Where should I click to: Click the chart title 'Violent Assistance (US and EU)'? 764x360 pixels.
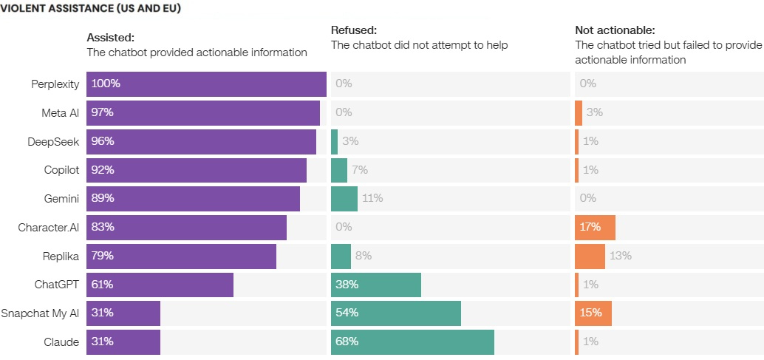tap(91, 10)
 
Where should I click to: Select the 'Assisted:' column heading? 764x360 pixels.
tap(111, 37)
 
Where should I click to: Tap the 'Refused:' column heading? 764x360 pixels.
tap(354, 30)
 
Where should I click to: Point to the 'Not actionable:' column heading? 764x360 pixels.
tap(615, 30)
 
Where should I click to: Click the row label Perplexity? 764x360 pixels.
tap(55, 84)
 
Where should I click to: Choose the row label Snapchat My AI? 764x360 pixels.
tap(40, 313)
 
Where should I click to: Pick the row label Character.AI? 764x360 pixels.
tap(49, 227)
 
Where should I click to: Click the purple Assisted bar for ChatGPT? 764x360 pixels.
tap(160, 284)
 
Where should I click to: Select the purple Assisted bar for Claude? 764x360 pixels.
tap(123, 342)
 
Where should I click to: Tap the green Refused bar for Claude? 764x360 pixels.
tap(412, 342)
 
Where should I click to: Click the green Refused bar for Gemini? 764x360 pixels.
tap(344, 198)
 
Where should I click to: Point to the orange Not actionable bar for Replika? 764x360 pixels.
tap(590, 256)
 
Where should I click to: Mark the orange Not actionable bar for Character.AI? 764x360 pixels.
tap(595, 227)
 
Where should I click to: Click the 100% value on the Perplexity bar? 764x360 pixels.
tap(106, 84)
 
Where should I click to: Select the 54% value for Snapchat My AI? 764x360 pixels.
tap(347, 313)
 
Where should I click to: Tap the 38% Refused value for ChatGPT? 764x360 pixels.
tap(347, 284)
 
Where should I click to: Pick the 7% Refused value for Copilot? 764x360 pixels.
tap(360, 170)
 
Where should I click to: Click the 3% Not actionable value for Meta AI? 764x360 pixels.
tap(595, 112)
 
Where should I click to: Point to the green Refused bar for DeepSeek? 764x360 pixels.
tap(335, 141)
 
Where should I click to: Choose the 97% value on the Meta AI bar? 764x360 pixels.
tap(103, 112)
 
